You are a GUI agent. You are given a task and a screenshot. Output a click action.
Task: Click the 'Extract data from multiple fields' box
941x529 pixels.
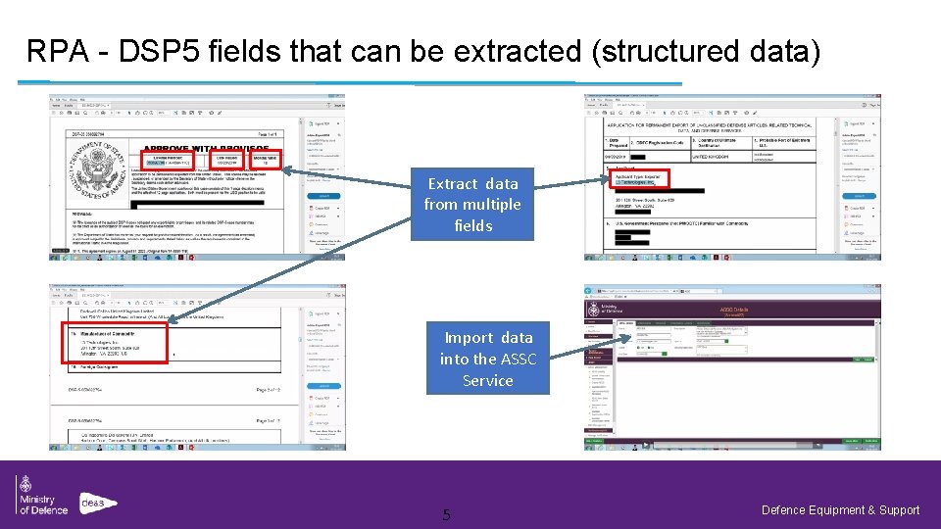click(472, 204)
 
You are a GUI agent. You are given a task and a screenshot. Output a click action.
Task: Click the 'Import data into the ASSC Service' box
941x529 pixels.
click(488, 359)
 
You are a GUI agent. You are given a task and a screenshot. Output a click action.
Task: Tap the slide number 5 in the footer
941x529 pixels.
click(446, 514)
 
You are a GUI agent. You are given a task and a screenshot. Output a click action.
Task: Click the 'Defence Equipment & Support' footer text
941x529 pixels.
click(840, 509)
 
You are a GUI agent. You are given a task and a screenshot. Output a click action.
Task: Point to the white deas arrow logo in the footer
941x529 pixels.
click(98, 503)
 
